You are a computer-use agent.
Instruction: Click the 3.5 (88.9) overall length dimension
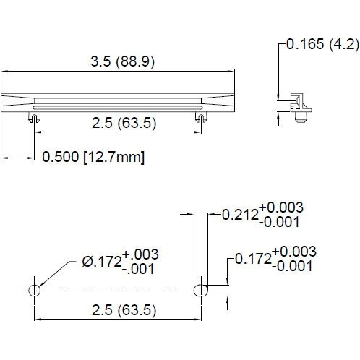coord(122,62)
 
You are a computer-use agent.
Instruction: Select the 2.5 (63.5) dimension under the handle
coord(122,123)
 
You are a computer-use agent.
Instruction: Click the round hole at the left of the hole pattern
coord(33,290)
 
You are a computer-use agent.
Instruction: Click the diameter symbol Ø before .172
coord(86,261)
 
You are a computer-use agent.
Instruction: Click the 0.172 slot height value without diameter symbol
coord(253,258)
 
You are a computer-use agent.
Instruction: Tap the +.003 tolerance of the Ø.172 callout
coord(140,255)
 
